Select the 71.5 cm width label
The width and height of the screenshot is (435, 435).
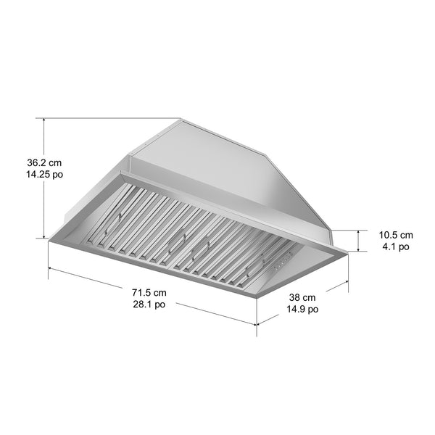tap(149, 293)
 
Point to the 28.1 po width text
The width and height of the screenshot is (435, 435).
tap(149, 305)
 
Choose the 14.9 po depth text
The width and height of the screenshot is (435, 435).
tap(302, 310)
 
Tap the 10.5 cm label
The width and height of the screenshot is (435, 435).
tap(396, 235)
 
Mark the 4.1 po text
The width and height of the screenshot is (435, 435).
tap(396, 247)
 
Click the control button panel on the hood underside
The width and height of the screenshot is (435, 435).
tap(283, 257)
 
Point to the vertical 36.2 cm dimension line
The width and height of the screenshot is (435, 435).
tap(45, 178)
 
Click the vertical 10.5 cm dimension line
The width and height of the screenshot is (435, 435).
tap(359, 241)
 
